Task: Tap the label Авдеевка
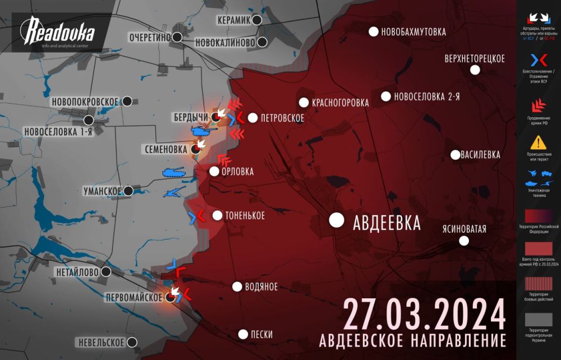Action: click(387, 223)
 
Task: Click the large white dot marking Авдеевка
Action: click(337, 220)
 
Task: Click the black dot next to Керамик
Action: click(257, 20)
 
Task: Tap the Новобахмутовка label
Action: click(413, 32)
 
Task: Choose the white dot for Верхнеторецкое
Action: click(475, 70)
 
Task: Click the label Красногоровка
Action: click(341, 103)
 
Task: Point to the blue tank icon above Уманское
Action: click(173, 173)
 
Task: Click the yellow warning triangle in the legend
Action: click(539, 142)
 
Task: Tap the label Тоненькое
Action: click(246, 215)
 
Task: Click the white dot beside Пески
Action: click(243, 334)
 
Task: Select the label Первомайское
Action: click(134, 297)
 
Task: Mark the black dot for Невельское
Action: click(132, 342)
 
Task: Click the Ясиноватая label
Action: click(464, 228)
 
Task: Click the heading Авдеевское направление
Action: click(412, 340)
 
